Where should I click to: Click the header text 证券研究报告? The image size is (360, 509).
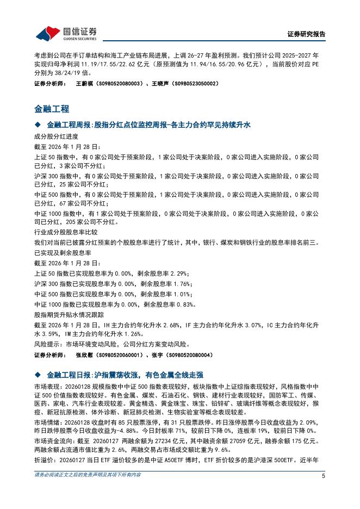pyautogui.click(x=306, y=34)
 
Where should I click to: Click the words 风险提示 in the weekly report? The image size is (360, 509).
pyautogui.click(x=47, y=344)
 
